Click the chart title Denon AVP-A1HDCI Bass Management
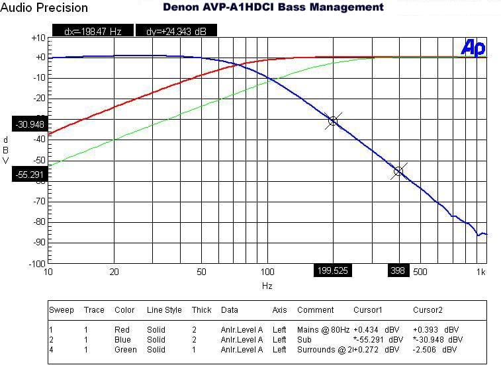(273, 7)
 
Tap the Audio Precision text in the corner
(44, 8)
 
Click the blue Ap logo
(473, 48)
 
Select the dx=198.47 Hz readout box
(92, 31)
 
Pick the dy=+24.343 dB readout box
(175, 31)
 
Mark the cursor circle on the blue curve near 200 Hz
(333, 121)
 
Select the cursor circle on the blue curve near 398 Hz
(398, 171)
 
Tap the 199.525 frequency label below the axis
(332, 270)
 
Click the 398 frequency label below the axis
(398, 270)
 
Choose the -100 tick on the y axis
(35, 263)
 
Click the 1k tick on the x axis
(481, 272)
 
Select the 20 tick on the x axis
(114, 272)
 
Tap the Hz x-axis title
(267, 286)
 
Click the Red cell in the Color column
(122, 329)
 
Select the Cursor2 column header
(428, 310)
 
